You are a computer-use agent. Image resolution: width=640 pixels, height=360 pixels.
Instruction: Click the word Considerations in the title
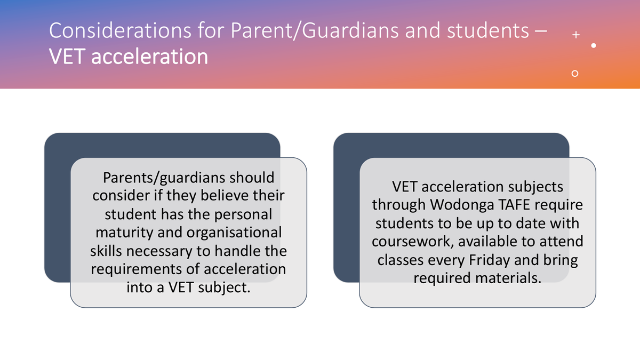click(x=121, y=30)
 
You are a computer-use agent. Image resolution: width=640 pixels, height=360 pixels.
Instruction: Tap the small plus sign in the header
click(x=576, y=35)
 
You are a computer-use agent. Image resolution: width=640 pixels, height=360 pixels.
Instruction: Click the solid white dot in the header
click(x=594, y=45)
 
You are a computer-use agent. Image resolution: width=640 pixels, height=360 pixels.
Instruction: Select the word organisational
click(x=234, y=233)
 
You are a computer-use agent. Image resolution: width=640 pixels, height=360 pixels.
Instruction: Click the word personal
click(x=243, y=215)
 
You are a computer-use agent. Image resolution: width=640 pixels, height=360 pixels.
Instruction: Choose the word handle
click(x=235, y=251)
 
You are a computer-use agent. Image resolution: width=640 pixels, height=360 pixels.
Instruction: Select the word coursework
click(x=413, y=242)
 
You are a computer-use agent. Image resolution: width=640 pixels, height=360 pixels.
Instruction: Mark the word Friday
click(x=489, y=260)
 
